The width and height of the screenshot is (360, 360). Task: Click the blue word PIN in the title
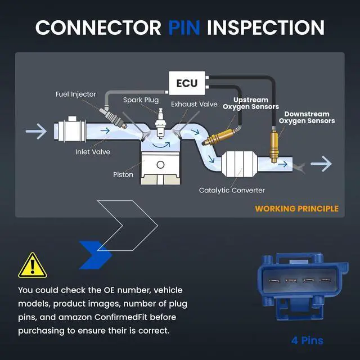tap(184, 28)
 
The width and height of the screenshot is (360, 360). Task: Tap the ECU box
tap(187, 83)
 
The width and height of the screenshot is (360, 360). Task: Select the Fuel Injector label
tap(76, 94)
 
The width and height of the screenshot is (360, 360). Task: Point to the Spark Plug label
tap(141, 100)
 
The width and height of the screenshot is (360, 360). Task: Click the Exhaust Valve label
tap(194, 104)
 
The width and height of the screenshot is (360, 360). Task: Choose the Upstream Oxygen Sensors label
tap(251, 103)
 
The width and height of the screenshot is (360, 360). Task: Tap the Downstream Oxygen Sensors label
tap(307, 118)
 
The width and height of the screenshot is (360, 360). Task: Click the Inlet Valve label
tap(93, 152)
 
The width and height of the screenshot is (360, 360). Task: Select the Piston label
tap(123, 174)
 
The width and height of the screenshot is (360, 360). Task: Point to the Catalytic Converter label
tap(232, 190)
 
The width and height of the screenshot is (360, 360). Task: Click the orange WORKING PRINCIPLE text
tap(296, 209)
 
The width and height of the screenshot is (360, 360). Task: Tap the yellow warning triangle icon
tap(33, 266)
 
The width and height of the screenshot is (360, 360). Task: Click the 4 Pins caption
tap(307, 340)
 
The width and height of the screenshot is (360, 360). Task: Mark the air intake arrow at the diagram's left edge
tap(36, 131)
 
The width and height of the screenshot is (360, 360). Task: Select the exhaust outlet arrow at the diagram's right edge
tap(321, 164)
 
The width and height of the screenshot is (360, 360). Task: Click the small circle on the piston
tap(160, 165)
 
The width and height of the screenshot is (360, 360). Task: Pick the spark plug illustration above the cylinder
tap(160, 123)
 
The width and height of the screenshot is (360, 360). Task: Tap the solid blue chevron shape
tap(95, 255)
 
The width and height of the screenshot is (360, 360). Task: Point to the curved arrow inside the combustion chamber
tap(161, 145)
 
